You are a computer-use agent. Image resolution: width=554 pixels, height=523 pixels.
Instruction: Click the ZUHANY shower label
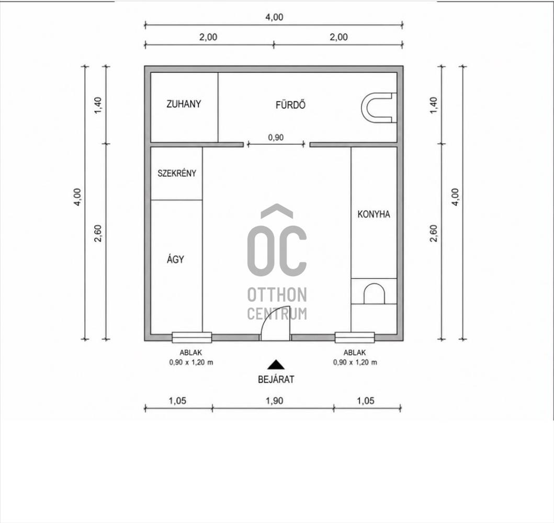tap(184, 104)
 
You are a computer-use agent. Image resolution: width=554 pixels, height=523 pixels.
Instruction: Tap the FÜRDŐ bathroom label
tap(290, 105)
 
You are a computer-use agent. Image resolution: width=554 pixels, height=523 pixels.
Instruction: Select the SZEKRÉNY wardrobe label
tap(177, 173)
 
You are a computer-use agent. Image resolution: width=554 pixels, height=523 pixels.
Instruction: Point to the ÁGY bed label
tap(175, 259)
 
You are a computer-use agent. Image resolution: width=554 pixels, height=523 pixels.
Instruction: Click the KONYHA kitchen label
tap(374, 214)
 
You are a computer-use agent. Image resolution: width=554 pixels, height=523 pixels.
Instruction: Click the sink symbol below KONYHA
tap(374, 293)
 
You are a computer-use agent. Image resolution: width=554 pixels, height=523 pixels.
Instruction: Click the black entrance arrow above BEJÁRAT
tap(276, 365)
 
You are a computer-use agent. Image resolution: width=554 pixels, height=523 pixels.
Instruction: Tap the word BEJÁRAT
tap(276, 380)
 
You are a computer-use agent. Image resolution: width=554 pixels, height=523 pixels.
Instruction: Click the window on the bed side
tap(192, 337)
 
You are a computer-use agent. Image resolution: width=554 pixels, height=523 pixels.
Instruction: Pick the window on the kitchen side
tap(355, 337)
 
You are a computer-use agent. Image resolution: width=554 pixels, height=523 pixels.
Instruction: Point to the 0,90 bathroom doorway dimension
tap(276, 138)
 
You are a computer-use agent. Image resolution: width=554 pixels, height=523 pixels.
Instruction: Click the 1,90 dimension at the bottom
tap(275, 401)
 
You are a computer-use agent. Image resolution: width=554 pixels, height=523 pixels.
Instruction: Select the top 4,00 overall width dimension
tap(274, 17)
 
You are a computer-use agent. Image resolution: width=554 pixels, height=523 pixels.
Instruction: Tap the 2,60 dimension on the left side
tap(98, 233)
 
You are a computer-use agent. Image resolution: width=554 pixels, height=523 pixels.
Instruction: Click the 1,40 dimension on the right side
tap(434, 105)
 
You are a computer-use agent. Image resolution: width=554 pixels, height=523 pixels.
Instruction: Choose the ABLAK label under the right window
tap(355, 353)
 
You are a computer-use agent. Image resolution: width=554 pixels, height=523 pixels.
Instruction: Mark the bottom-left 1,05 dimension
tap(177, 401)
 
